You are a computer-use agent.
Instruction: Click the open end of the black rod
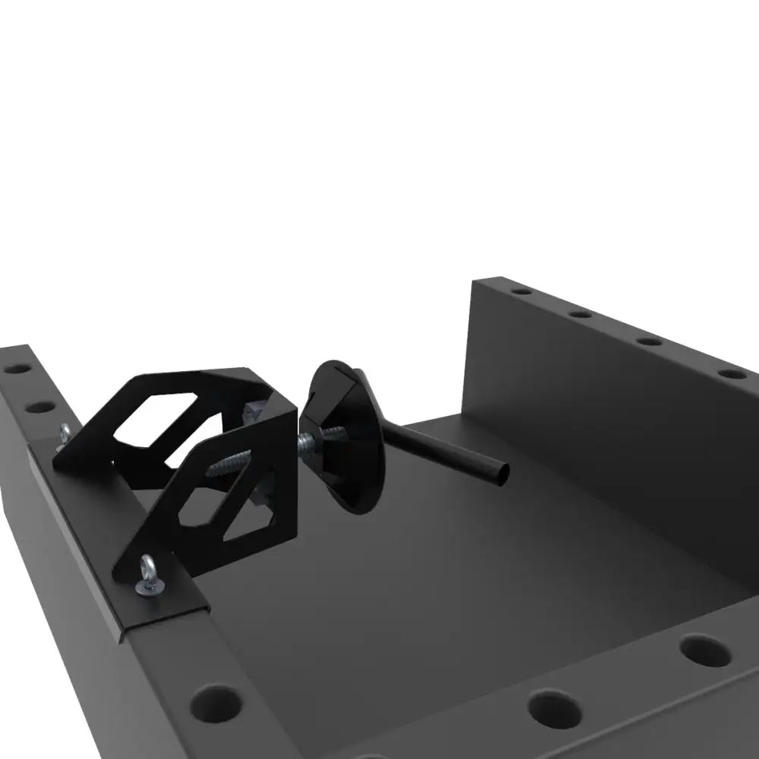coord(500,475)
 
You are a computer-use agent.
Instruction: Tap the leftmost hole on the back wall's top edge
coord(521,291)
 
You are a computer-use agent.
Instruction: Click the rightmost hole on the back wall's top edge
coord(732,374)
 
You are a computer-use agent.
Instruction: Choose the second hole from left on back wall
coord(581,313)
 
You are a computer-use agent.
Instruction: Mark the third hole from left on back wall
coord(649,342)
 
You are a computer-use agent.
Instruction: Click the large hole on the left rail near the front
coord(216,704)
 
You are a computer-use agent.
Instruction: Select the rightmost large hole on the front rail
coord(705,650)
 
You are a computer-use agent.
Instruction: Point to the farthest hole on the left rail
coord(17,369)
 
